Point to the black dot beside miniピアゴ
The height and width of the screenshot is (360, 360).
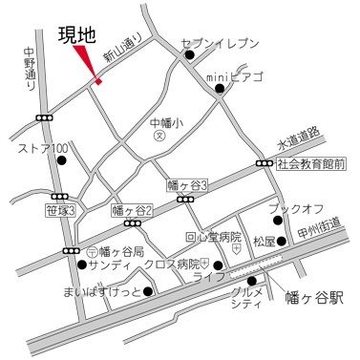pos(220,90)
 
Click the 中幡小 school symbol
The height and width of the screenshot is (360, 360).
pos(161,137)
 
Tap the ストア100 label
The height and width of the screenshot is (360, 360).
pos(43,148)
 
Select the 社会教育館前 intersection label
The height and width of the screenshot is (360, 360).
pos(310,164)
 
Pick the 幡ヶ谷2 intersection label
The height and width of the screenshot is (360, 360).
pos(133,209)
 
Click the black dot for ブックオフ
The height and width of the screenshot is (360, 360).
pos(279,220)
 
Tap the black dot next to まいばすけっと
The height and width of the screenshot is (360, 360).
pos(148,290)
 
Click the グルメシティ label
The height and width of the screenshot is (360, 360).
pos(248,298)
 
